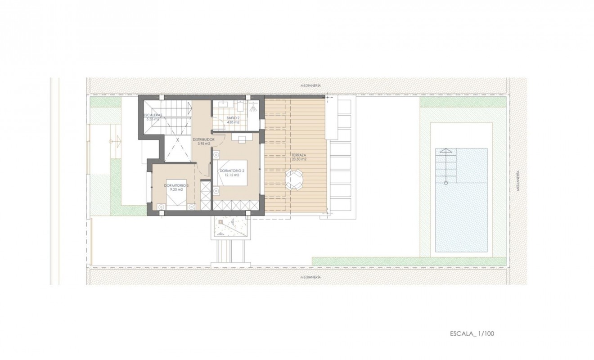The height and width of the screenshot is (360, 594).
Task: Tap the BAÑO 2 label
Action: (233, 118)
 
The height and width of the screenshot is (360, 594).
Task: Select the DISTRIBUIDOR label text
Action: (203, 139)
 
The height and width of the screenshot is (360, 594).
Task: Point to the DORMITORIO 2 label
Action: (232, 171)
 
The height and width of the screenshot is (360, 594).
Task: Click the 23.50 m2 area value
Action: (298, 159)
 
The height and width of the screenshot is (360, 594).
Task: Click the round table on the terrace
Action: (295, 180)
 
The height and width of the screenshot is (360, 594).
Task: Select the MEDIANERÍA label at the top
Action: (310, 85)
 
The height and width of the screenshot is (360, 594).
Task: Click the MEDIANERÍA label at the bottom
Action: (310, 278)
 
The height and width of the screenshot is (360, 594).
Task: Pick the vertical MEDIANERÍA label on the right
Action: (518, 181)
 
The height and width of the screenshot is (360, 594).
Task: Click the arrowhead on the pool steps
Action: (446, 151)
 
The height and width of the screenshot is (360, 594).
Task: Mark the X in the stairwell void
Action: (177, 139)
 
